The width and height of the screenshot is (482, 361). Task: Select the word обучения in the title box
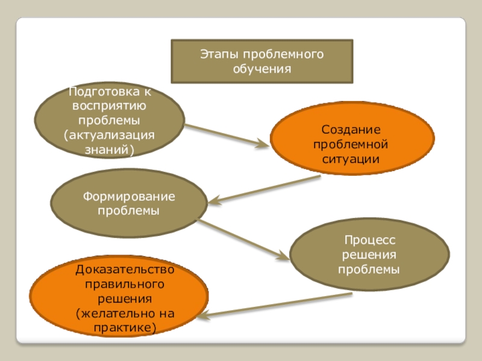click(x=262, y=69)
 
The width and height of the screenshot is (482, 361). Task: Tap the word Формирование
click(x=129, y=197)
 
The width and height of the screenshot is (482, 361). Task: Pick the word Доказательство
click(x=125, y=269)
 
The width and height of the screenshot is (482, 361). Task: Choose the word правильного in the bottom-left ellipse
click(x=125, y=283)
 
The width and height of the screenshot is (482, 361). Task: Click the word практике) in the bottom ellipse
click(x=125, y=327)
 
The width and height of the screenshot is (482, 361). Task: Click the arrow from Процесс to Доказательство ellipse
click(x=277, y=306)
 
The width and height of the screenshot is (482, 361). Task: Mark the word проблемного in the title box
click(x=282, y=55)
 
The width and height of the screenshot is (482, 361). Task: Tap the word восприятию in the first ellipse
click(x=109, y=105)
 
